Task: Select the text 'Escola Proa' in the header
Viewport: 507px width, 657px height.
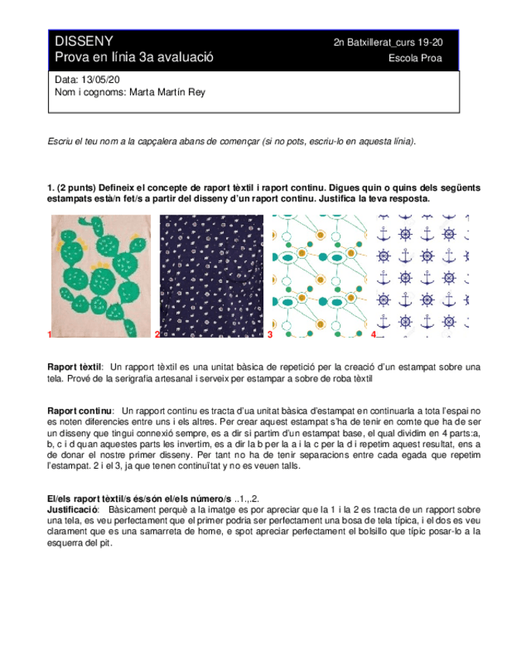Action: [421, 59]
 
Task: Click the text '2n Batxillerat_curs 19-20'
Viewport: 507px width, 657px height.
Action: [394, 43]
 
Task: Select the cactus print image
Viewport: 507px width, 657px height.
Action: [101, 275]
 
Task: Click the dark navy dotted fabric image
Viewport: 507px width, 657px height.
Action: [213, 275]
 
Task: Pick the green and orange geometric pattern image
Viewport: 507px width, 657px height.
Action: [318, 275]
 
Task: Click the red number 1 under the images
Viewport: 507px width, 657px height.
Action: [50, 335]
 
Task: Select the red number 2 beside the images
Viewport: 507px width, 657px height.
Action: [157, 335]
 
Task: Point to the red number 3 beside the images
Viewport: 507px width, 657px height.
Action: [270, 335]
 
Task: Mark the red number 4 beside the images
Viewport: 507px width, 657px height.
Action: [373, 335]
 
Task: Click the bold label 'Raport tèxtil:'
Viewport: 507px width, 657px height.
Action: [75, 366]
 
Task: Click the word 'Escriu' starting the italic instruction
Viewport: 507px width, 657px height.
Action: [60, 141]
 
